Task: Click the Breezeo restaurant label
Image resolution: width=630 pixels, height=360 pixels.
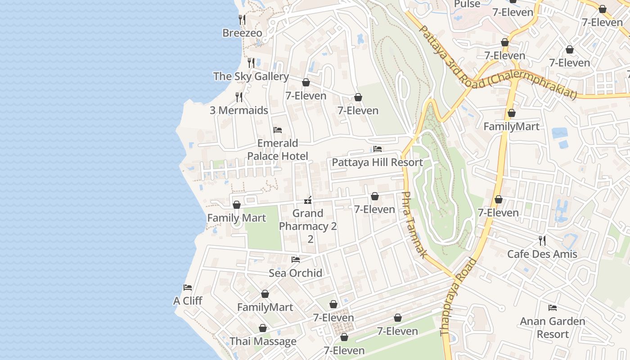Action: coord(242,33)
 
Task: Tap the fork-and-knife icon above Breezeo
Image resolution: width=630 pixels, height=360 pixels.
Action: coord(242,19)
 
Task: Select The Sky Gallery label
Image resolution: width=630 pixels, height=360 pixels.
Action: coord(251,76)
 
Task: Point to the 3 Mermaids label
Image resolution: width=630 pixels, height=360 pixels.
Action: coord(239,110)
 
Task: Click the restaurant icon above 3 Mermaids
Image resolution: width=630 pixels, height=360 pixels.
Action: coord(239,97)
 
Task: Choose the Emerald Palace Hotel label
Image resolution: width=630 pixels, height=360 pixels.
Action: coord(278,150)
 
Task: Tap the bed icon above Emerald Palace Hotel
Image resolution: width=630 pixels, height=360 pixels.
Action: coord(278,130)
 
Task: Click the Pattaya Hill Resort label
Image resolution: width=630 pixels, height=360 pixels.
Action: coord(377,162)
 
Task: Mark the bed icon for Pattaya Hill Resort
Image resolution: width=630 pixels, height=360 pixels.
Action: coord(377,149)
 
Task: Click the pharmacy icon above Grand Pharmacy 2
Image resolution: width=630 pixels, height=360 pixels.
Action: coord(308,200)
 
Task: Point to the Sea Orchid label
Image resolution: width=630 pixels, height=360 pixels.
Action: coord(296,273)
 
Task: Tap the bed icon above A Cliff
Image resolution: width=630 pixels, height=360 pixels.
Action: coord(188,288)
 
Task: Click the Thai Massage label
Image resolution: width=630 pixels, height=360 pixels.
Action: coord(263,342)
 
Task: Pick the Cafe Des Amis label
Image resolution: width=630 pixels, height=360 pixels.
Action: coord(542,254)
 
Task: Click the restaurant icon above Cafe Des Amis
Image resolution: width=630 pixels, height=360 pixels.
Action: coord(542,241)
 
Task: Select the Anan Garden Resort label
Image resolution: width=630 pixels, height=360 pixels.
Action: coord(553,328)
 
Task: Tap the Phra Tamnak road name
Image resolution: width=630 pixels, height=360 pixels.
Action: coord(413,225)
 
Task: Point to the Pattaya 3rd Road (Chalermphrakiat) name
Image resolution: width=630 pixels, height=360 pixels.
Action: coord(497,63)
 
